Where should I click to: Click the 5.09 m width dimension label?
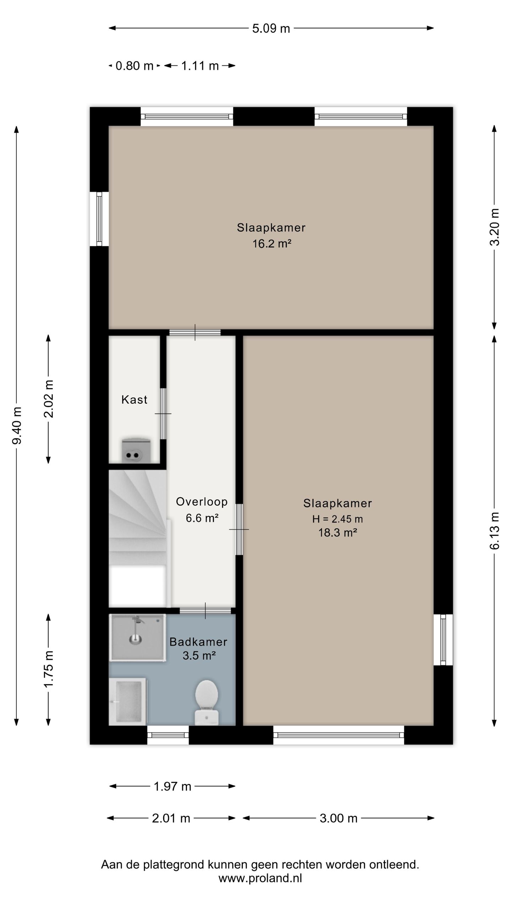[x=271, y=28]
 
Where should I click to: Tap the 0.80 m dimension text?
[x=134, y=66]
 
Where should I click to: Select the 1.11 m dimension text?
[x=200, y=66]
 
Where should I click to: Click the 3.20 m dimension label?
[x=494, y=227]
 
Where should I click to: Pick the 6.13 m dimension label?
[x=494, y=531]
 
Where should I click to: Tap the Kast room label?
[x=134, y=400]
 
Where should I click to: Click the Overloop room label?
[x=202, y=502]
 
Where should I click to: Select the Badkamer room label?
[x=198, y=642]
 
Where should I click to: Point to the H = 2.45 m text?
[x=337, y=519]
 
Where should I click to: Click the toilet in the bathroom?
[x=207, y=702]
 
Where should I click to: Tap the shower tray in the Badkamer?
[x=137, y=637]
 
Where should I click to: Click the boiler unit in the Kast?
[x=136, y=451]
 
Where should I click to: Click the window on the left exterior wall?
[x=99, y=219]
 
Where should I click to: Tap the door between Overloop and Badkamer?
[x=205, y=610]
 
